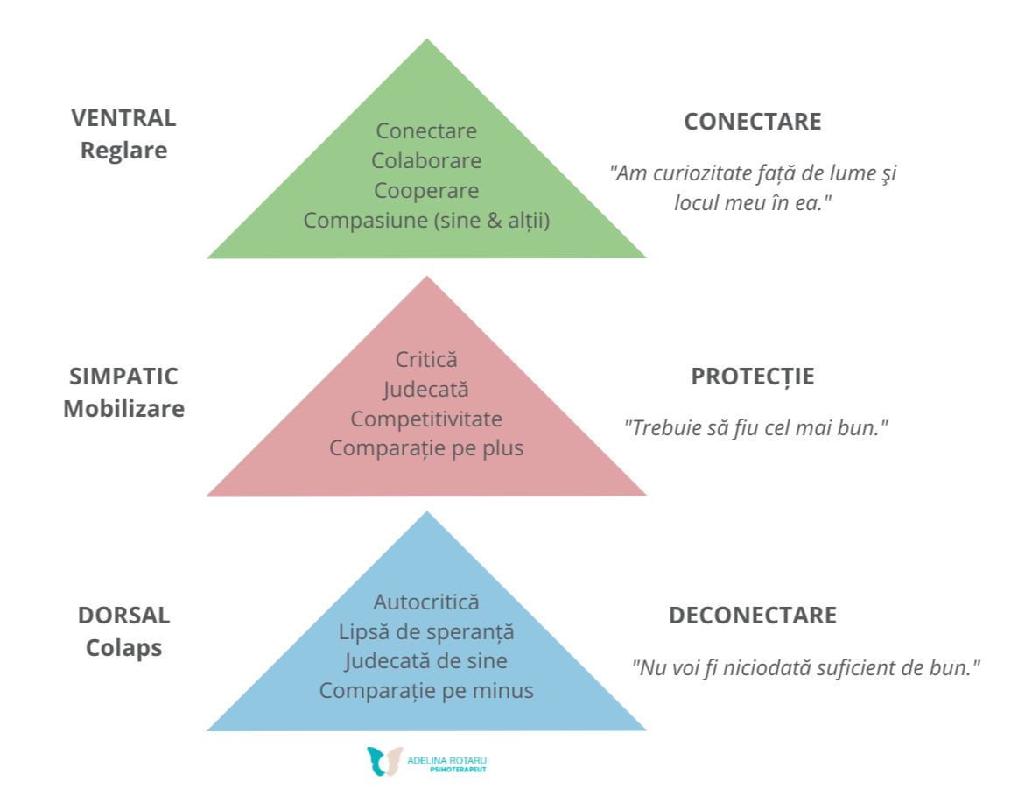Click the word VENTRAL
(x=123, y=118)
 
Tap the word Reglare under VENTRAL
(x=123, y=151)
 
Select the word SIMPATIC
(x=123, y=377)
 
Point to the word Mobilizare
(x=123, y=409)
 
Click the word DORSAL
(x=123, y=615)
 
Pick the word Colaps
(x=123, y=648)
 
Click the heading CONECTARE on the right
(x=752, y=122)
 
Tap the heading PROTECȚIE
(x=752, y=377)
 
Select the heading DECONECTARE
(x=752, y=616)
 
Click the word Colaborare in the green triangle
(x=426, y=161)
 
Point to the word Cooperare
(x=426, y=191)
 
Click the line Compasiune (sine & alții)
(x=426, y=221)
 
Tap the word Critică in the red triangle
(x=426, y=359)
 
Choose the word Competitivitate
(x=426, y=419)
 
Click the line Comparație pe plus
(x=426, y=448)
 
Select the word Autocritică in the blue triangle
(x=426, y=602)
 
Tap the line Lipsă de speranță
(x=426, y=631)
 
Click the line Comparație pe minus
(x=426, y=691)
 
